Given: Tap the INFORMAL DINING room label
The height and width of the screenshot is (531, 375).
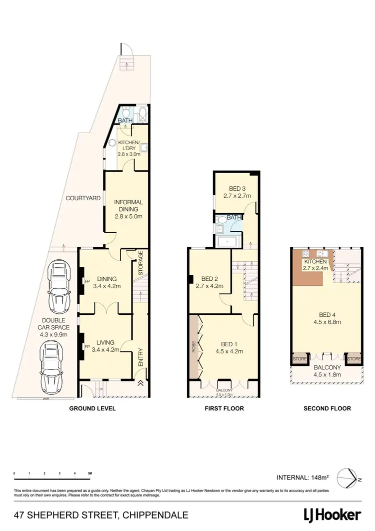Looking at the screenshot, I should (128, 209).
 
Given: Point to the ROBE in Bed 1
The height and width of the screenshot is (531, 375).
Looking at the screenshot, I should (194, 348).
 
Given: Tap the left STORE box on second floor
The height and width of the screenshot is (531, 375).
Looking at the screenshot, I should (299, 359).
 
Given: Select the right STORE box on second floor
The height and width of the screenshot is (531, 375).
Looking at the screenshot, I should (354, 359).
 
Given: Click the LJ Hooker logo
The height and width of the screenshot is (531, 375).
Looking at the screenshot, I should (332, 514).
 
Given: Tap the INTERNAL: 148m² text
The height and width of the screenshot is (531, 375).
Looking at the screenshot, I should (302, 477).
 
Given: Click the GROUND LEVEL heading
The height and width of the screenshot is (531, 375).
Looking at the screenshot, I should (92, 408).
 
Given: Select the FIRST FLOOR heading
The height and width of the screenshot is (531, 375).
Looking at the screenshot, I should (224, 408).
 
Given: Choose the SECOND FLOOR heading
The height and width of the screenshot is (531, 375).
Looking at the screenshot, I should (327, 408).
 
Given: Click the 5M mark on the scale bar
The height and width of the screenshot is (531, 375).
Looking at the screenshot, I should (89, 473).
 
